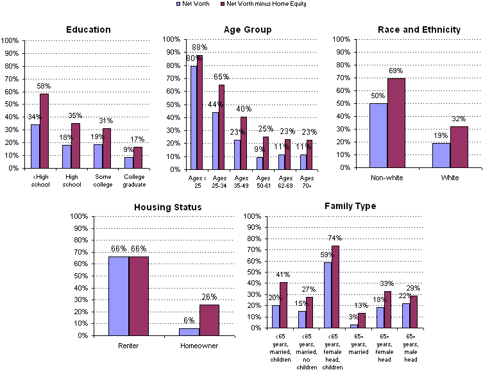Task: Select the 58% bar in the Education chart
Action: [x=44, y=131]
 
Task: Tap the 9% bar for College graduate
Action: [x=129, y=163]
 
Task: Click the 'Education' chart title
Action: [x=89, y=29]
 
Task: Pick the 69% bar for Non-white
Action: [x=396, y=123]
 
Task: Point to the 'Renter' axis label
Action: [x=129, y=346]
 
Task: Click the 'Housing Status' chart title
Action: [x=167, y=207]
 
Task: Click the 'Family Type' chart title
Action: [x=350, y=206]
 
